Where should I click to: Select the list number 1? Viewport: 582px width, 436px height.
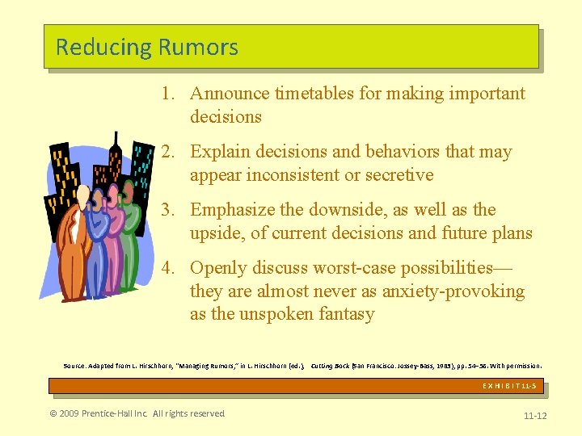[x=166, y=94]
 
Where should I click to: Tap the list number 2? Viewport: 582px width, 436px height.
[x=166, y=152]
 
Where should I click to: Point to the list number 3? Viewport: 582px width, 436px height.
[x=166, y=210]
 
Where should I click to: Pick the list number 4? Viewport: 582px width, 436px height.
[x=166, y=268]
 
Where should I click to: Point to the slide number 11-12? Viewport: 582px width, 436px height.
[x=535, y=416]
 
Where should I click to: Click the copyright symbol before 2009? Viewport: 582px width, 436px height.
[x=53, y=414]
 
